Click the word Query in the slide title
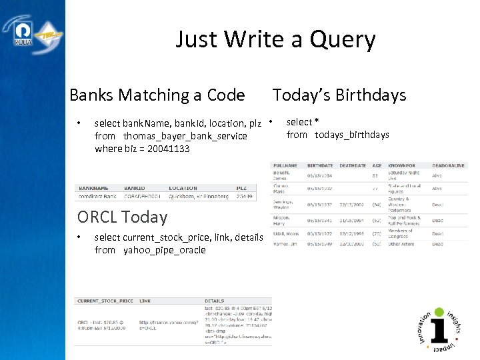coord(341,41)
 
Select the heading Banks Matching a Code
coord(157,95)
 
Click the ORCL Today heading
coord(122,217)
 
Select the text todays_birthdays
coord(351,135)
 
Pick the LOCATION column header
coord(183,188)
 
